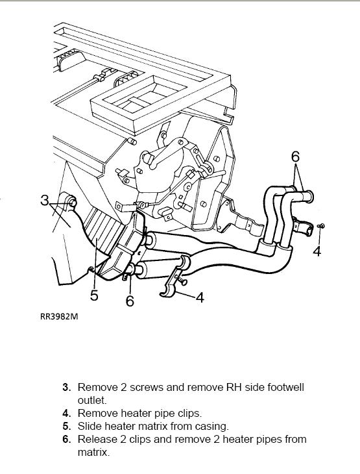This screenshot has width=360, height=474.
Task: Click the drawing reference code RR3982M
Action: pos(59,316)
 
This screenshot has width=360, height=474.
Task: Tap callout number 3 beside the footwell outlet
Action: pos(45,200)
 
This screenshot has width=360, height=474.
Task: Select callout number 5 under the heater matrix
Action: pos(94,295)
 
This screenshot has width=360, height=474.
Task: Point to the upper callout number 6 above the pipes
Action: pos(295,156)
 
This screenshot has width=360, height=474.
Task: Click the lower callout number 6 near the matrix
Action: pos(130,301)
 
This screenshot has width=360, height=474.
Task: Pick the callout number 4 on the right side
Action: pos(317,251)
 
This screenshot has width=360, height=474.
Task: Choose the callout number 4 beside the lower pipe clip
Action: pos(200,297)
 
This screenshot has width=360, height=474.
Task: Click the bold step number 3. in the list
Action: pos(67,387)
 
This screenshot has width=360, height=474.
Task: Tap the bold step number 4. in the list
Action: pos(67,413)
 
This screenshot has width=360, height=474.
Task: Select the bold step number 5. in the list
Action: pos(67,426)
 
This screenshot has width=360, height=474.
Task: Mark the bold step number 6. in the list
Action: pos(67,439)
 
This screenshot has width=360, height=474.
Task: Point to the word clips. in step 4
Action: pos(189,413)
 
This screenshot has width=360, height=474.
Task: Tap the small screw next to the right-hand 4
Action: pos(322,226)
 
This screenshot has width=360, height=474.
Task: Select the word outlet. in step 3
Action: pos(92,400)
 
